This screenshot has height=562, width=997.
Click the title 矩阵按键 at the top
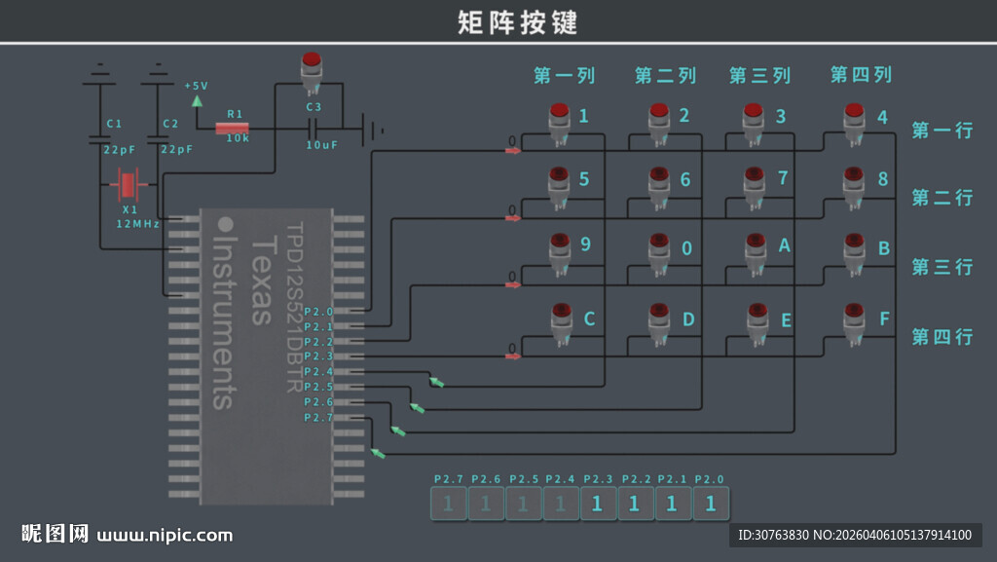517,21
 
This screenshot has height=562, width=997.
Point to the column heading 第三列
760,75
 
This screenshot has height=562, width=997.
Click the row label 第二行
942,198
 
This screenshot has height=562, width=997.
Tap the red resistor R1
232,128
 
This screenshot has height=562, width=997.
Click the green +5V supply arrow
198,98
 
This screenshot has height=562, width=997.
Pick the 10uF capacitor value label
321,144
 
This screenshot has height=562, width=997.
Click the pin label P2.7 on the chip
318,417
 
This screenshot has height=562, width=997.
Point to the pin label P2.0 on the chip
318,312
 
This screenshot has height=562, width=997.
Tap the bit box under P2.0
711,504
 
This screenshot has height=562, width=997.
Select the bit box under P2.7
448,504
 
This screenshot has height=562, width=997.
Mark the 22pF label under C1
120,150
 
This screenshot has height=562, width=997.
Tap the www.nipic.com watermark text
166,535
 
